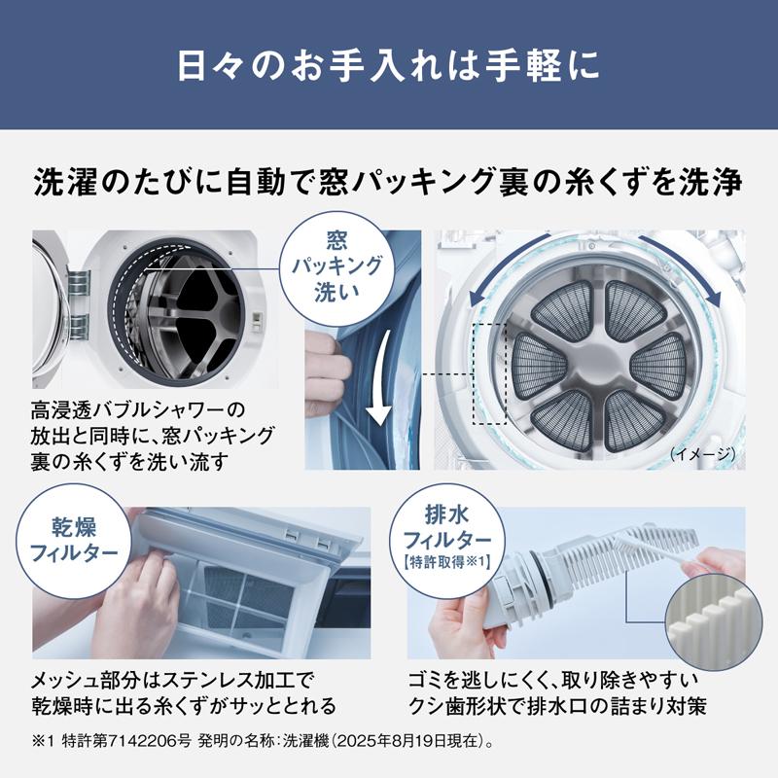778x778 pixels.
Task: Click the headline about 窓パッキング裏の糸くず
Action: tap(389, 182)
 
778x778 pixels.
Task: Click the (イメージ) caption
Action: tap(704, 453)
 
